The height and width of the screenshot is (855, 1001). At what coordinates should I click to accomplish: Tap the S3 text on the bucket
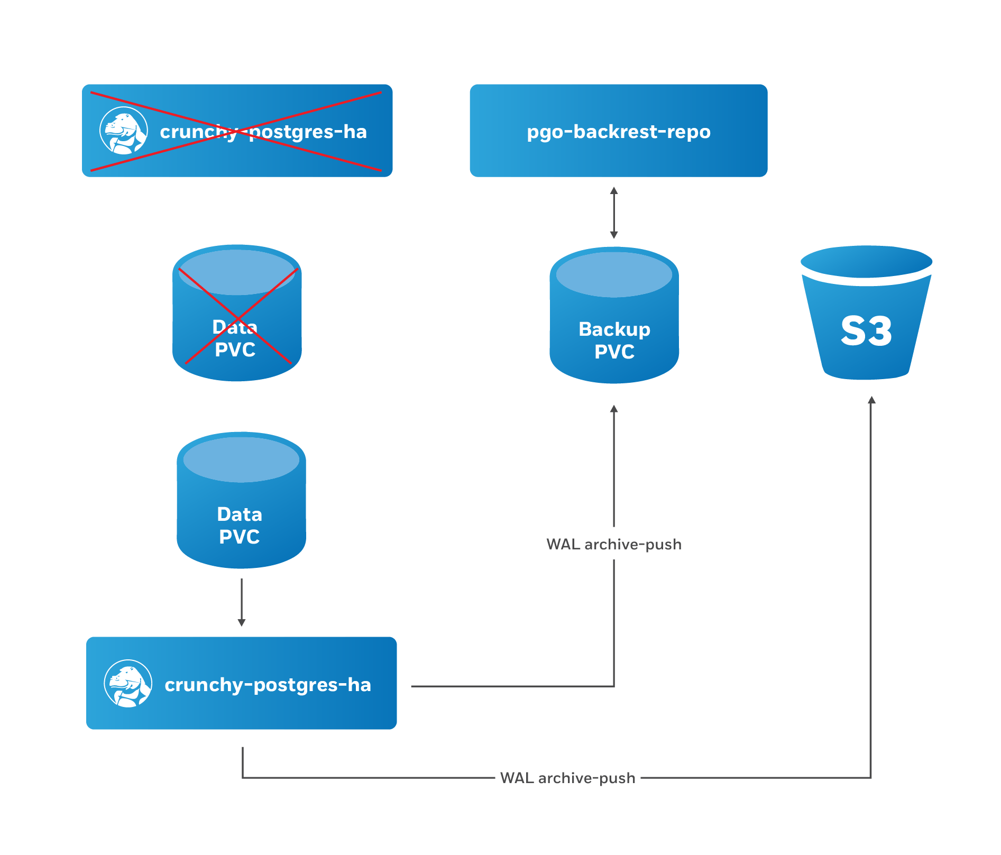pos(866,332)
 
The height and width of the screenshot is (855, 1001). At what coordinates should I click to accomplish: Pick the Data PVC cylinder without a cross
pos(241,502)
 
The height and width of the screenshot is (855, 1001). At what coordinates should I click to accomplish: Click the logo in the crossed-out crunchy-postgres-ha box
pos(123,131)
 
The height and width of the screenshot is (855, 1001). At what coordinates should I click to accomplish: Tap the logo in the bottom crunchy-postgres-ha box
pos(128,683)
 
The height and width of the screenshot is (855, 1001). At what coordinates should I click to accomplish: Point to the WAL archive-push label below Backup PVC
pos(614,544)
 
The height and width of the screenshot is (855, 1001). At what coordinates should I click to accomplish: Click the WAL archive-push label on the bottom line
pos(567,778)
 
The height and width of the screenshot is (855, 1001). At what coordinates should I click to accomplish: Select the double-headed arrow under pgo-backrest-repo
pos(614,213)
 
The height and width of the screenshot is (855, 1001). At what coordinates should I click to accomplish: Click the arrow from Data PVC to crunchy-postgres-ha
pos(241,603)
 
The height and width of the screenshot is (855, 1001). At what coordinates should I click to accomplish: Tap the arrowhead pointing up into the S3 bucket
pos(871,400)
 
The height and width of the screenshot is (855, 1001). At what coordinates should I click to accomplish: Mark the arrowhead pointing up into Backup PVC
pos(614,409)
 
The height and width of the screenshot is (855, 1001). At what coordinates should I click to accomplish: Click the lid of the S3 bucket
pos(866,261)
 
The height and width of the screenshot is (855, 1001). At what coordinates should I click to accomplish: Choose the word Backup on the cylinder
pos(614,329)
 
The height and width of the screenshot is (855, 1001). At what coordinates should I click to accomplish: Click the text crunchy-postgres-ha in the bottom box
pos(268,685)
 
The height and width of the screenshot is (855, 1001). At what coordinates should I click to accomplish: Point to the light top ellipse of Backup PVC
pos(614,274)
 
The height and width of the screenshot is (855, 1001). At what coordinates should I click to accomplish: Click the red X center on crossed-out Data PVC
pos(238,317)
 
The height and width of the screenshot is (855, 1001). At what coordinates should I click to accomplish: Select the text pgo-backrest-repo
pos(618,132)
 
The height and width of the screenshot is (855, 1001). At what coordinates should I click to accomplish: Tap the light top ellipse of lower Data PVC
pos(241,459)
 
